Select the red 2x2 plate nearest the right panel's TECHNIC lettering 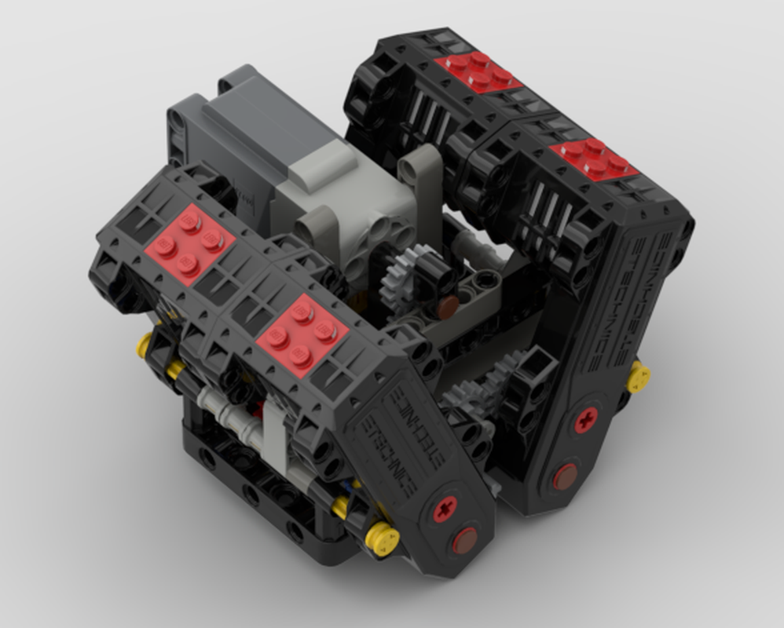(595, 159)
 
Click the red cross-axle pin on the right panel (585, 420)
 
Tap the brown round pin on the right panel (564, 476)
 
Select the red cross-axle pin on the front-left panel (445, 511)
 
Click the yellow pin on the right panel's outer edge (637, 377)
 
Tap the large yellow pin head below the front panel (383, 540)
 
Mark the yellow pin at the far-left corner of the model (145, 345)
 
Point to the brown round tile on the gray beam (449, 305)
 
